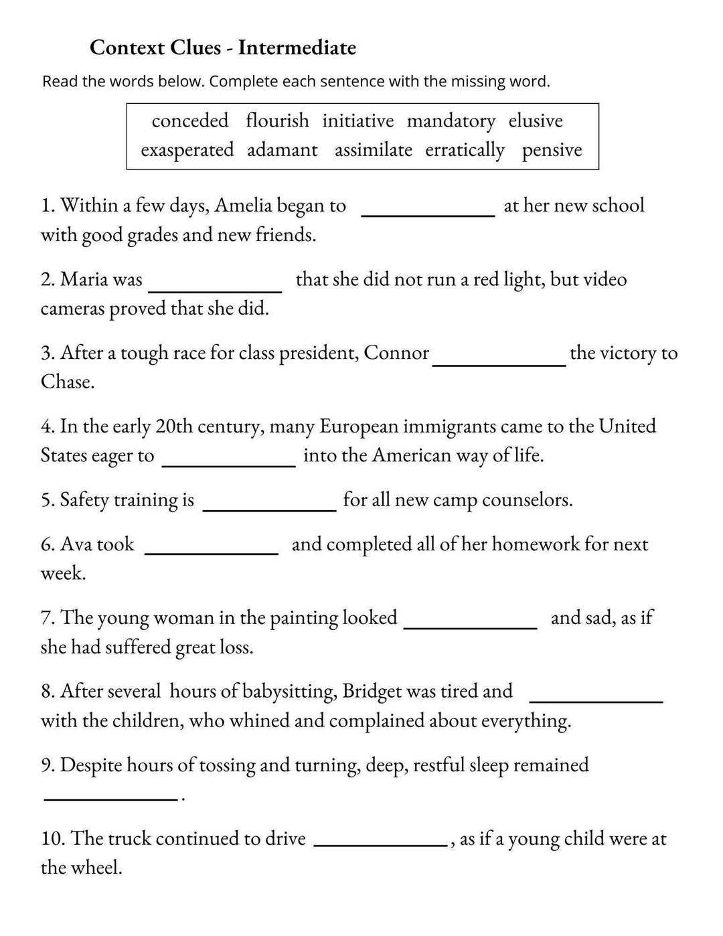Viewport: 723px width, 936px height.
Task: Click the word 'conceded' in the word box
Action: (190, 121)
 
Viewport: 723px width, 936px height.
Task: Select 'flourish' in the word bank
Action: (277, 121)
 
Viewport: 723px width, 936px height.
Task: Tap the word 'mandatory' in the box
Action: (451, 121)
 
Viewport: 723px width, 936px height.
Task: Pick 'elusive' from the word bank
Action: (536, 121)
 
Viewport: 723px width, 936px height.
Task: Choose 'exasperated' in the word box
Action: (187, 149)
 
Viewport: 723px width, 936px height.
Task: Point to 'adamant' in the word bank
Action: (283, 149)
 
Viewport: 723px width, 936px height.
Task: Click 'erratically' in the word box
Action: (465, 150)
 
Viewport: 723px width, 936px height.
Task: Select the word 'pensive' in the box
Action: (552, 150)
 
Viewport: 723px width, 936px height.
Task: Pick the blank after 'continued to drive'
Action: (380, 844)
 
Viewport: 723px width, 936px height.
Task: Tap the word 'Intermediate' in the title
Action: (297, 48)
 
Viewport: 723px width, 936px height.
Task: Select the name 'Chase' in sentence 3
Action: (66, 382)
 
